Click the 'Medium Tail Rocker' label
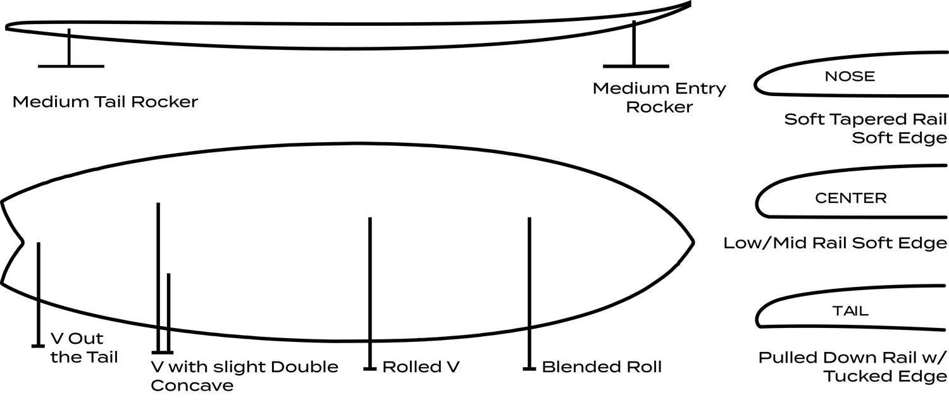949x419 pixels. (x=105, y=102)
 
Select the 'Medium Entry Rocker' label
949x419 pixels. (x=659, y=97)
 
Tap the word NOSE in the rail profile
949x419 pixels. (x=850, y=76)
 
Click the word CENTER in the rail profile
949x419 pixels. (x=850, y=198)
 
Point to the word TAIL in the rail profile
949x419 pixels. (x=850, y=311)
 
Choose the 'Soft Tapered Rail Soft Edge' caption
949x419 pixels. (x=865, y=128)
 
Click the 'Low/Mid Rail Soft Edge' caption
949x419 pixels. (x=835, y=243)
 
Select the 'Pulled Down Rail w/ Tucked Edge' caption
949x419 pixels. (x=853, y=367)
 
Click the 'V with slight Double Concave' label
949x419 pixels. (x=244, y=376)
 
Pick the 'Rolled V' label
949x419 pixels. (x=421, y=367)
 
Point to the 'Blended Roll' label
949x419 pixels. (x=602, y=367)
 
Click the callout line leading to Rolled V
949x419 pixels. (x=370, y=291)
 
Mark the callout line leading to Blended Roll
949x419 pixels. (x=530, y=291)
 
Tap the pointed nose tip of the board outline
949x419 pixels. (x=693, y=241)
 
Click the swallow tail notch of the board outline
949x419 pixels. (x=23, y=241)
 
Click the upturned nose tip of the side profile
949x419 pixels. (x=689, y=4)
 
